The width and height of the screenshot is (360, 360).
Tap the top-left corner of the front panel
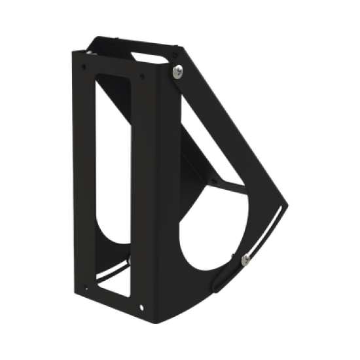click(72, 52)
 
